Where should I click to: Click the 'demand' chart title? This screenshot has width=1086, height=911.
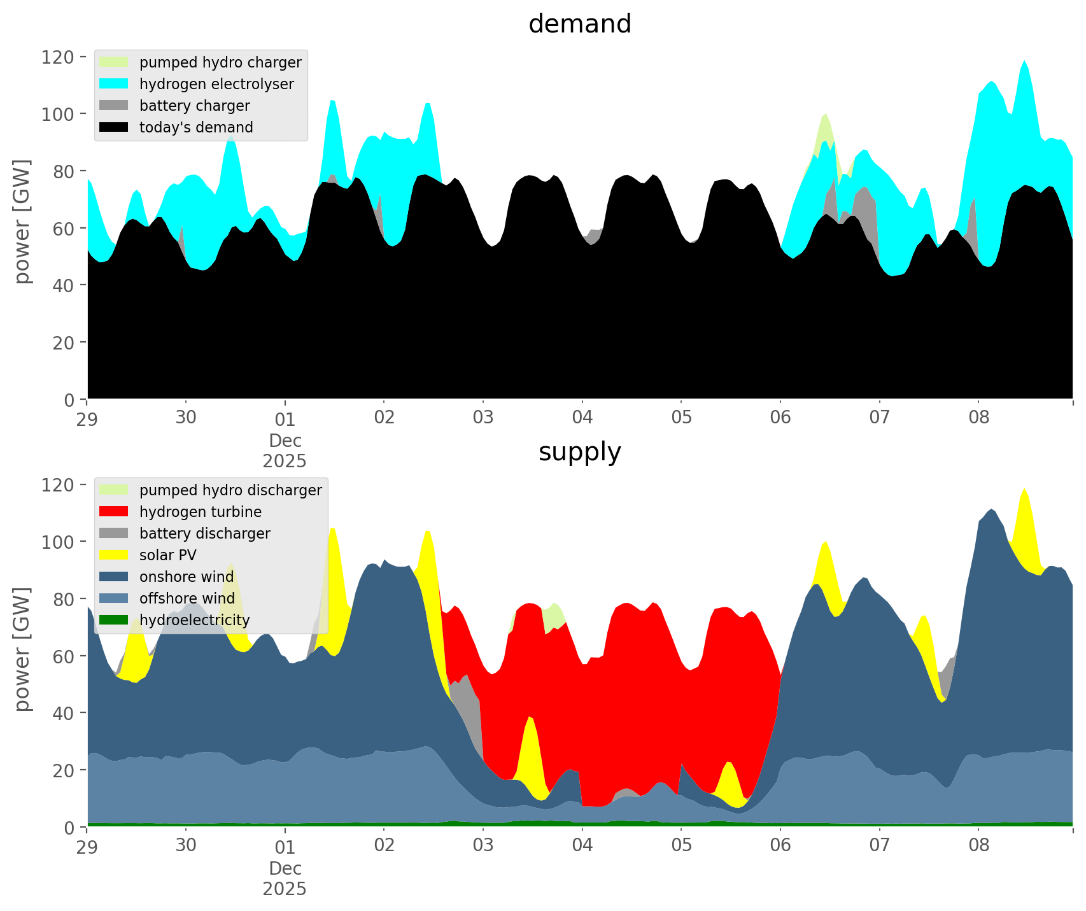[579, 24]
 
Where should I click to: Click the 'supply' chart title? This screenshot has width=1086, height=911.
[579, 452]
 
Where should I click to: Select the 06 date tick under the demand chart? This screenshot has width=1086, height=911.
[780, 418]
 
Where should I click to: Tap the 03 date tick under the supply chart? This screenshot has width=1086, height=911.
[483, 846]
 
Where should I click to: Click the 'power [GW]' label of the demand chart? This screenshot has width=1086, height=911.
[22, 222]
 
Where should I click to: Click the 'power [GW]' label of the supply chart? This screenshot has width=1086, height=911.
[22, 649]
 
